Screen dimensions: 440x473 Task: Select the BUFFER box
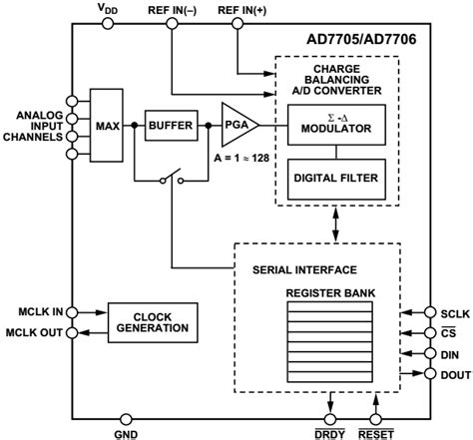pos(174,126)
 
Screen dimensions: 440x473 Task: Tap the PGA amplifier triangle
pos(235,126)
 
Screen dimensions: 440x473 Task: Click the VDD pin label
pos(107,9)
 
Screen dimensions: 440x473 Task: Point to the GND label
pos(127,431)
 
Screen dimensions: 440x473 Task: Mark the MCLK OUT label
pos(36,331)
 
